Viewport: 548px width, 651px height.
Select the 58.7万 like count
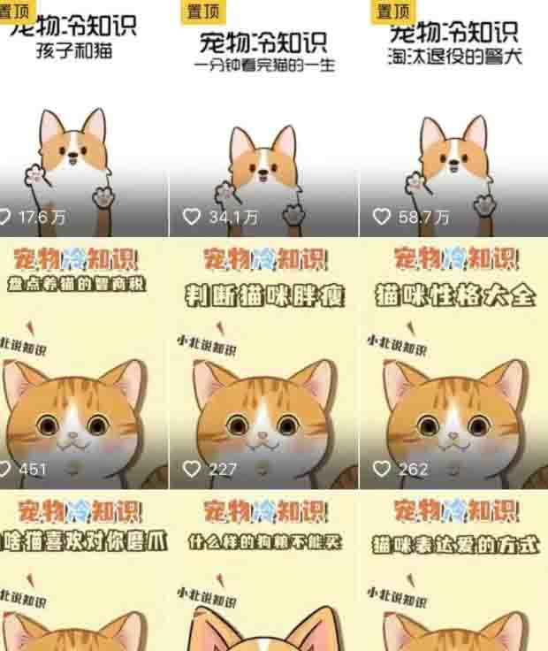coord(423,217)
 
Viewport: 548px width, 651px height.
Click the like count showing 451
coord(33,469)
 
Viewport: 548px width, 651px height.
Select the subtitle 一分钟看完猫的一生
coord(265,65)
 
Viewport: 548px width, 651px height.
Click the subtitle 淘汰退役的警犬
coord(455,57)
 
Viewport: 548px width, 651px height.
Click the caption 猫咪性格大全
coord(455,294)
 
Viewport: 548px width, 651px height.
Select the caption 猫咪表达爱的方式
coord(455,543)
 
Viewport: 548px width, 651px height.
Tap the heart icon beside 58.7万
coord(382,217)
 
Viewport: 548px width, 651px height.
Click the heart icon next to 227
coord(192,469)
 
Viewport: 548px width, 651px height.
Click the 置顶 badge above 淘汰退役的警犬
coord(392,11)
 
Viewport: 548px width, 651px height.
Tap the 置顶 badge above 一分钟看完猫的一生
coord(203,11)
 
